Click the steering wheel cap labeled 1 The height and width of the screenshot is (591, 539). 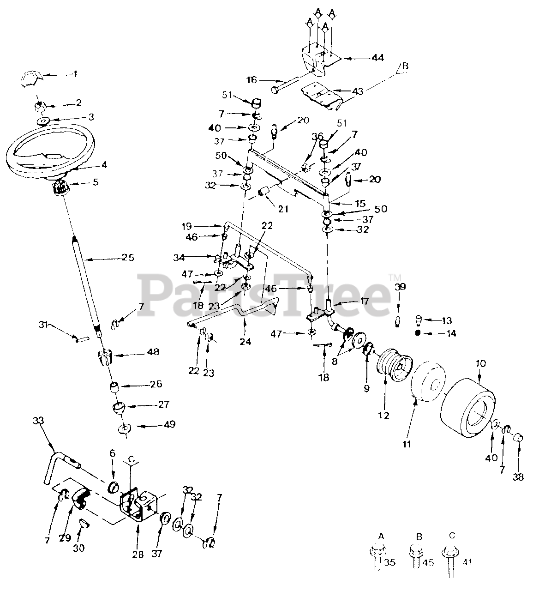(31, 77)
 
